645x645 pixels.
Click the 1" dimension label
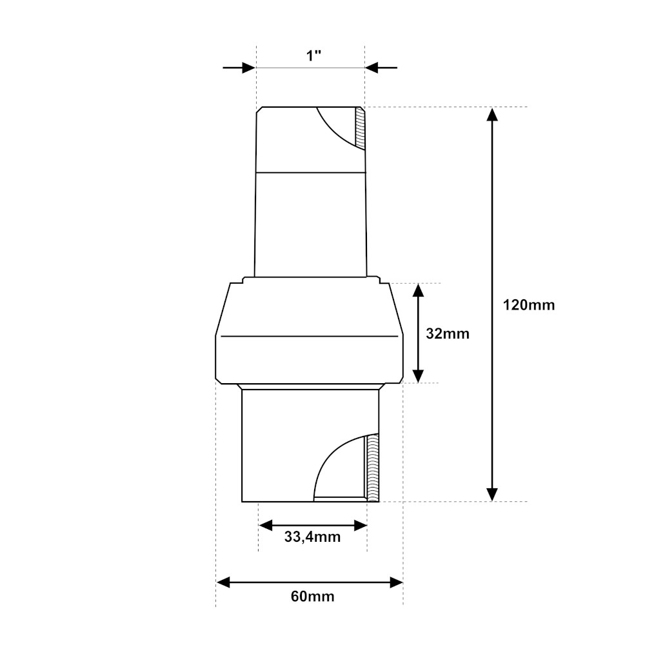click(x=313, y=55)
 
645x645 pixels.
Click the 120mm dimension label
click(x=528, y=305)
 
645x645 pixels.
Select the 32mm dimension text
click(x=448, y=333)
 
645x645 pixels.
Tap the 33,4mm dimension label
click(x=312, y=536)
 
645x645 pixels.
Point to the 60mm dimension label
click(x=312, y=596)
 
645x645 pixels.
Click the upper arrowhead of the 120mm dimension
click(x=492, y=114)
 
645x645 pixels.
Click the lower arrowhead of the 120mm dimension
click(x=492, y=494)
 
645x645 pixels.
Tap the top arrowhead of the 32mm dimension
click(x=419, y=290)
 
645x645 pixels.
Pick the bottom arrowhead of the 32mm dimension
click(x=419, y=376)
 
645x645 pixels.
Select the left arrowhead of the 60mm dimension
click(x=223, y=582)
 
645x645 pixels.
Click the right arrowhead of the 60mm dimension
click(x=396, y=582)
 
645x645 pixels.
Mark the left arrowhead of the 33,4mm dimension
click(x=265, y=526)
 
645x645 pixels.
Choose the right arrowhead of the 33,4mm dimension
click(x=361, y=526)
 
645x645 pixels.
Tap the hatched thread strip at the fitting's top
click(x=361, y=128)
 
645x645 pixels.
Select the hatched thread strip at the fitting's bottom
click(x=372, y=468)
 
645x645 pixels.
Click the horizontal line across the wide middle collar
click(x=309, y=336)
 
